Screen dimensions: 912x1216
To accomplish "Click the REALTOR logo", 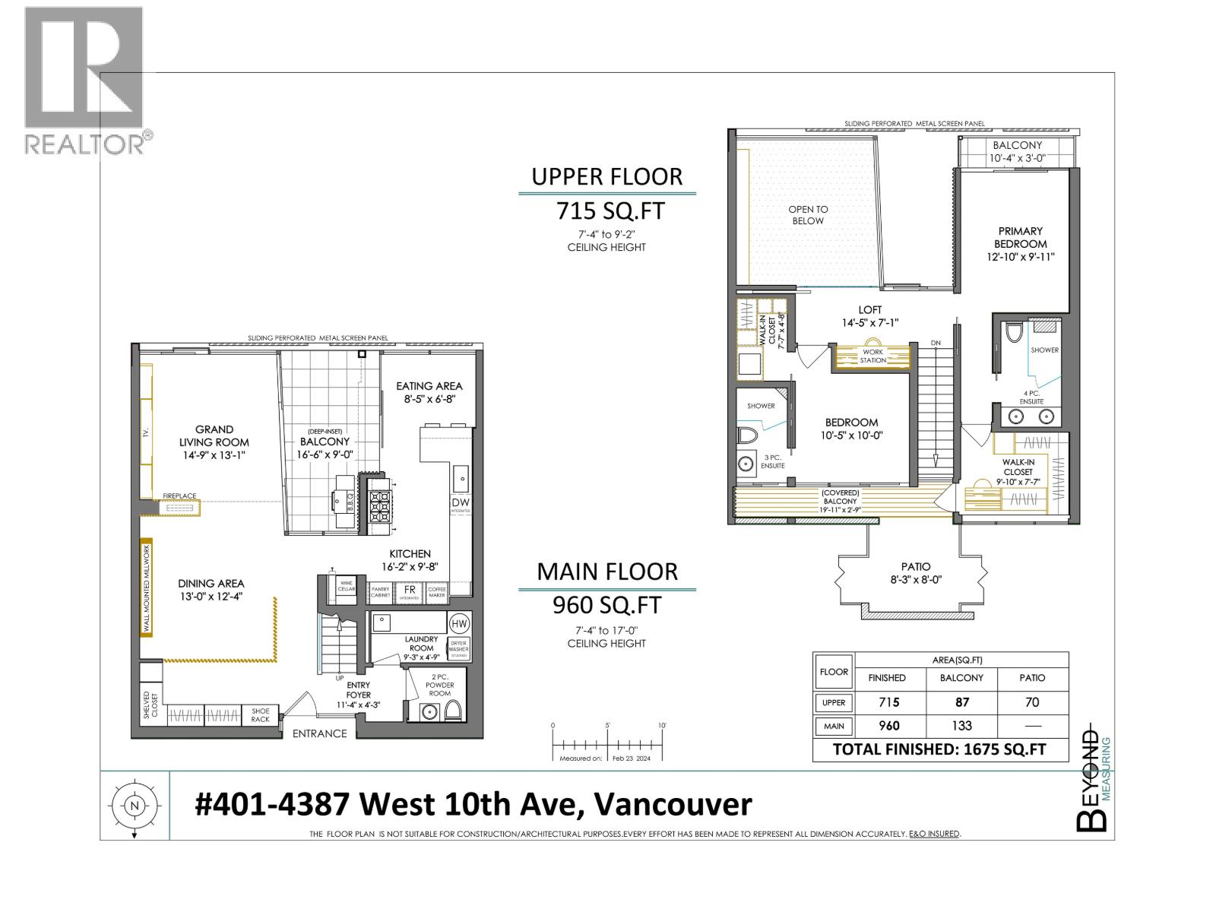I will pos(84,80).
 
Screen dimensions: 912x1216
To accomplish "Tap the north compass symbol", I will pos(135,806).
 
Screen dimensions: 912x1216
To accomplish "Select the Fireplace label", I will pos(179,496).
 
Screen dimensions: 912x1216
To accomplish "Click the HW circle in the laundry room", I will pos(459,624).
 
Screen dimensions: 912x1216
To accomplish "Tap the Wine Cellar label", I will pos(347,586).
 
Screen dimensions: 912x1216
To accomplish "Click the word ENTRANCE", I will pos(319,733).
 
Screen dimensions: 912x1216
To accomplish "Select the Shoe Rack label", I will pos(260,715).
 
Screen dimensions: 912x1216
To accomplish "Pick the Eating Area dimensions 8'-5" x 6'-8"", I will pos(429,399).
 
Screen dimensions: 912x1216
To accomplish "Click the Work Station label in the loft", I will pos(872,356).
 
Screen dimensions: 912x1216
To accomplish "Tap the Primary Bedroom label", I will pos(1021,237).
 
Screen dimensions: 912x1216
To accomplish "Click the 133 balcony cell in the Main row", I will pos(961,726).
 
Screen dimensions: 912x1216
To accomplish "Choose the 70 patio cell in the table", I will pos(1031,702).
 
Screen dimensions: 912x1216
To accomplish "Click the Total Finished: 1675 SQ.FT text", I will pos(939,749).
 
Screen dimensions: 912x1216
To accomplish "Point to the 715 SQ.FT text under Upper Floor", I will pos(610,210).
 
